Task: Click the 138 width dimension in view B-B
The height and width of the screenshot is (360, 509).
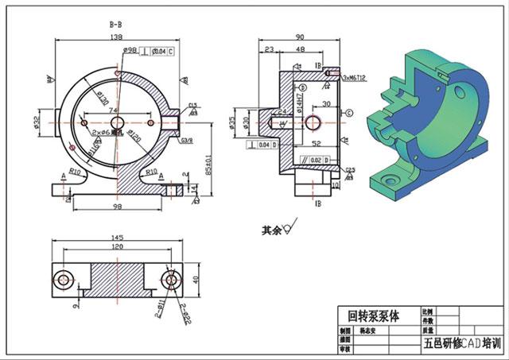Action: click(x=115, y=38)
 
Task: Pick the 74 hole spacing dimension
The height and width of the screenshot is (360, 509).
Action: click(x=114, y=110)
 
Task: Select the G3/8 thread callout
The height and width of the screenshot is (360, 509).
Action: click(x=187, y=140)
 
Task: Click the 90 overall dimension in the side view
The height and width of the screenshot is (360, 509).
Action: click(x=300, y=37)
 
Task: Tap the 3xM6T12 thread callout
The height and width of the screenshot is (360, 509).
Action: click(x=354, y=78)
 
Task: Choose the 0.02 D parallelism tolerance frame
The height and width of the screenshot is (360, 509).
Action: click(x=317, y=161)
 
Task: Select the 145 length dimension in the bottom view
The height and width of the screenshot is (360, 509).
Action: click(x=117, y=238)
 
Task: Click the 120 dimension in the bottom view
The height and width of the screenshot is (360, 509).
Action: click(x=117, y=248)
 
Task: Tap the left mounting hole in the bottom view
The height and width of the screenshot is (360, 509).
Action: click(x=64, y=279)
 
